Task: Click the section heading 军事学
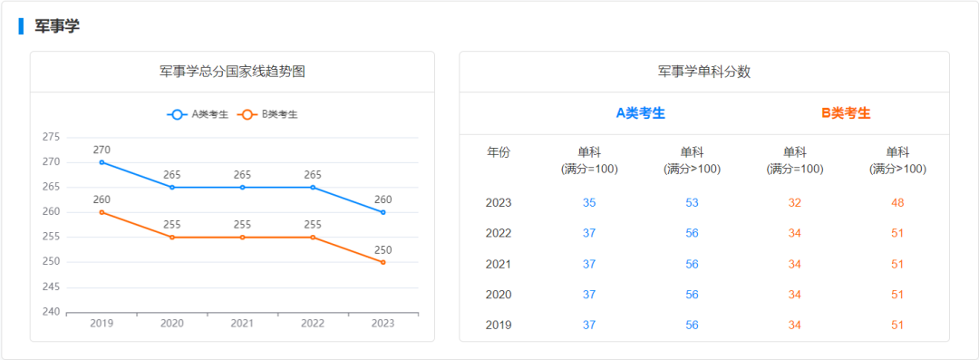(x=57, y=26)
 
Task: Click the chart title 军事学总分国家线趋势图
(x=232, y=72)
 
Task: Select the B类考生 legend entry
(x=268, y=114)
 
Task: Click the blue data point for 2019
(x=102, y=162)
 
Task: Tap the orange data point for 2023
(x=383, y=262)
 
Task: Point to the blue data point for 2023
(x=383, y=212)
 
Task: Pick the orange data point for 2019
(x=102, y=212)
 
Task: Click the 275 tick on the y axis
(x=52, y=137)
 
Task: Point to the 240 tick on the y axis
(x=52, y=312)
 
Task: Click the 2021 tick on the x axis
(x=242, y=324)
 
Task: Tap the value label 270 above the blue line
(x=102, y=150)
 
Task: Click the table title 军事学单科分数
(x=704, y=72)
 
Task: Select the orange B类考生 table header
(x=846, y=113)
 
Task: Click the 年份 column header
(x=499, y=152)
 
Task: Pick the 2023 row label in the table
(x=499, y=202)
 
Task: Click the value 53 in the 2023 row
(x=693, y=202)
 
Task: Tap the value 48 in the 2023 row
(x=897, y=202)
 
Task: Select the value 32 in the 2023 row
(x=795, y=202)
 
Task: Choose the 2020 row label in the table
(x=499, y=294)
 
